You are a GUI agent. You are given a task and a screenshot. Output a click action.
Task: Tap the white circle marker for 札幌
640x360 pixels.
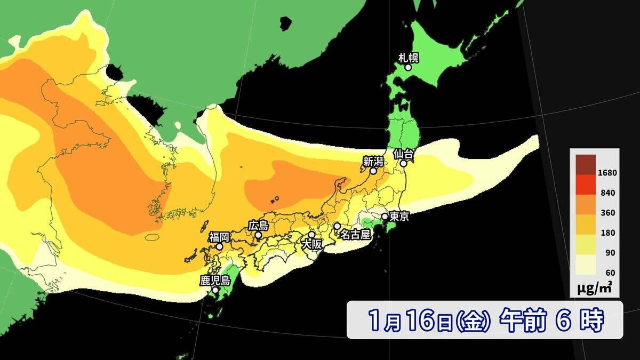point(408,68)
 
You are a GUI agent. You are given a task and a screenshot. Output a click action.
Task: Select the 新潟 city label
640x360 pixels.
point(373,161)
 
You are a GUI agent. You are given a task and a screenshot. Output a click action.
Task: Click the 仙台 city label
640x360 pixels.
point(404,154)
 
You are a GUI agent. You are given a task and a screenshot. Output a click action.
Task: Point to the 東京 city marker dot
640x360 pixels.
point(385,217)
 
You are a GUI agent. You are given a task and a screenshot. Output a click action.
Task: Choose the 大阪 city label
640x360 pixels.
point(313,244)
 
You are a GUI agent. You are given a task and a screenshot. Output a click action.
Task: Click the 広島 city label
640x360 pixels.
point(258,225)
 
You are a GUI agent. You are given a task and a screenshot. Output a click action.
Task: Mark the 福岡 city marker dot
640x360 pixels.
point(219,246)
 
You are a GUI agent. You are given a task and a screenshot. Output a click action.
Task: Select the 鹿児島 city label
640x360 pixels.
point(215,280)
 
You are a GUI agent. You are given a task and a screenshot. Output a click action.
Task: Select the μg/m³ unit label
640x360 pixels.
point(594,289)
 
